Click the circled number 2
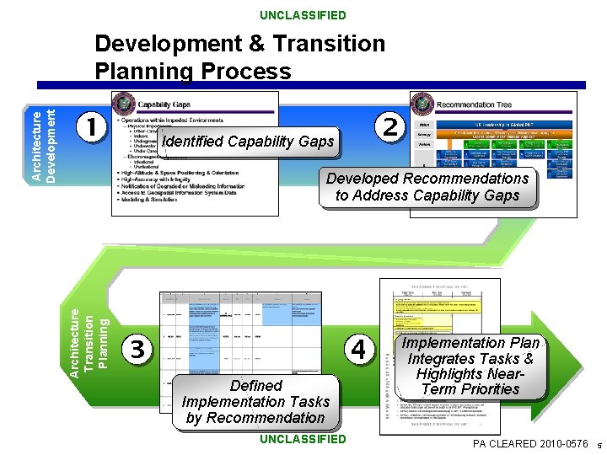(x=389, y=127)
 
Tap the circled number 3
(x=139, y=348)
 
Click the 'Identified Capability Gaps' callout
(x=247, y=142)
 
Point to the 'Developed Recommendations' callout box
(x=427, y=187)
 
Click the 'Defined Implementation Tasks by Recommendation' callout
(x=255, y=402)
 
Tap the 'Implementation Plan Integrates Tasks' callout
(x=470, y=367)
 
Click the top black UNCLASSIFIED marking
(x=303, y=15)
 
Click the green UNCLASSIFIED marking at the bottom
(x=303, y=439)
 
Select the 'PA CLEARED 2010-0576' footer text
(x=530, y=443)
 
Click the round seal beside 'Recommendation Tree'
(x=422, y=104)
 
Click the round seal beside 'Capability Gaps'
(x=123, y=104)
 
